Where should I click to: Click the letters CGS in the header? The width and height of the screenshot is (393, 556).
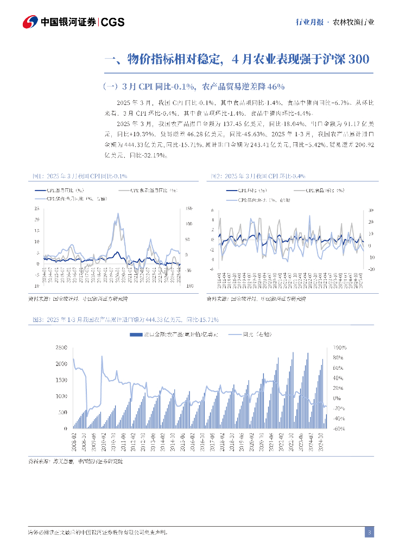pos(113,22)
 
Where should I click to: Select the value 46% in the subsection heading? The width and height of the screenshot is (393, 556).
pos(275,86)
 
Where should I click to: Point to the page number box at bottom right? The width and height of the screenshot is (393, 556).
pos(369,532)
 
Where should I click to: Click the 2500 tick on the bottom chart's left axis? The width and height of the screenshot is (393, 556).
pos(61,347)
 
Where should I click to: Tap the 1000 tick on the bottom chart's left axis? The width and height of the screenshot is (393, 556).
pos(61,396)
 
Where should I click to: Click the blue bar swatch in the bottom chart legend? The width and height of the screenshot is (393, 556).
pos(135,335)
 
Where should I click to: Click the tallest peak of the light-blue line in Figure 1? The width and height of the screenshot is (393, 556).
pos(118,214)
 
